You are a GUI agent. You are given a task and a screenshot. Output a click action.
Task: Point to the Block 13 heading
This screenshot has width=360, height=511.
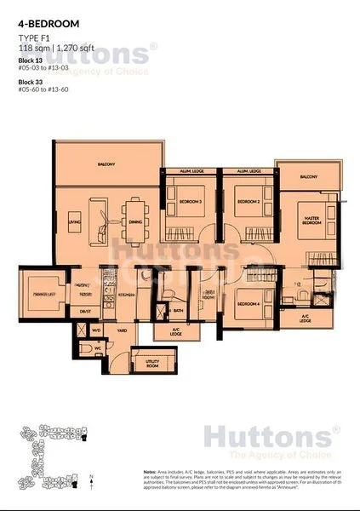point(30,63)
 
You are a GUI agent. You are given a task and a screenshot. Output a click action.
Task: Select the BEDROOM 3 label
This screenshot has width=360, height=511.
point(190,202)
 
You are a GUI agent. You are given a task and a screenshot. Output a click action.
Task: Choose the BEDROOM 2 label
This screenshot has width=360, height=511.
point(248,202)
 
